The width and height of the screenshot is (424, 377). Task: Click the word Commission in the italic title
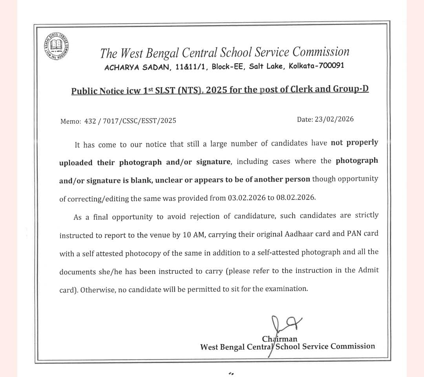321,52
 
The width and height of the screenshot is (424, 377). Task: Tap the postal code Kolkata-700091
316,66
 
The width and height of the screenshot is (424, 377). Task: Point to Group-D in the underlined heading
351,89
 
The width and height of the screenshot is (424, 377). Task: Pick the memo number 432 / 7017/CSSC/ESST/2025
130,121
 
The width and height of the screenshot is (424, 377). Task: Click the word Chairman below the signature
280,339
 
